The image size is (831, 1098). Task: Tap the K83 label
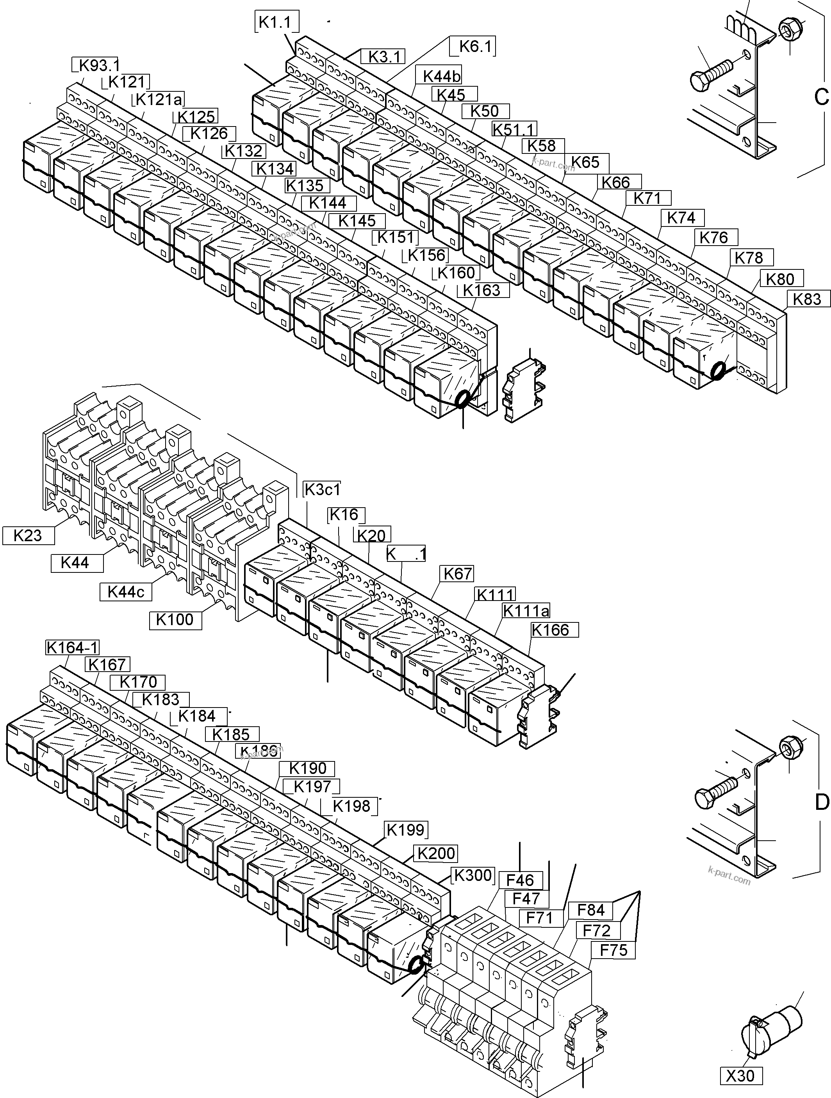pyautogui.click(x=807, y=299)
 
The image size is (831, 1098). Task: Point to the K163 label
pyautogui.click(x=481, y=291)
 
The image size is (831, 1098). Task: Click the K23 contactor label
pyautogui.click(x=28, y=536)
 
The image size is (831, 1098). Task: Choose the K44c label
pyautogui.click(x=126, y=592)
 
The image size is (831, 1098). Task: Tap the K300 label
pyautogui.click(x=473, y=875)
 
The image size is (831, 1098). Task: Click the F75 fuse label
pyautogui.click(x=613, y=950)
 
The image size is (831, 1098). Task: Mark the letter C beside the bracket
pyautogui.click(x=821, y=97)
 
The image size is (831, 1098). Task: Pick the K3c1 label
pyautogui.click(x=322, y=489)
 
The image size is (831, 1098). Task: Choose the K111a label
pyautogui.click(x=526, y=611)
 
